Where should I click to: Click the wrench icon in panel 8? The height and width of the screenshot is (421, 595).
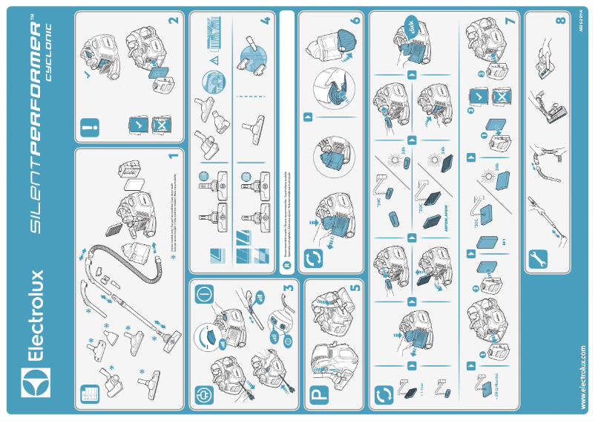pyautogui.click(x=539, y=258)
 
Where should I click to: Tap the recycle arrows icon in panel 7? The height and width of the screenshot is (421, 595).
pyautogui.click(x=384, y=393)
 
